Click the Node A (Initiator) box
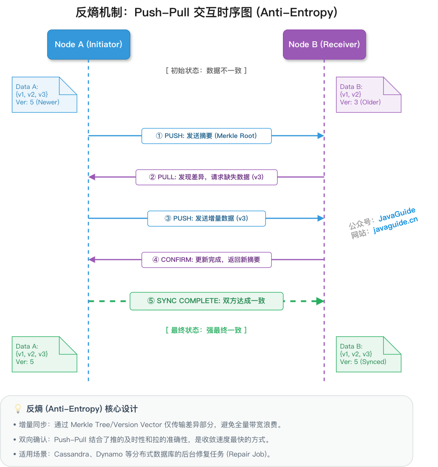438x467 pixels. click(88, 44)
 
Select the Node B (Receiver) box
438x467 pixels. click(324, 44)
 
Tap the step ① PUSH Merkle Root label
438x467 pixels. click(206, 136)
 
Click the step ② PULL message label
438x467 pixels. click(206, 177)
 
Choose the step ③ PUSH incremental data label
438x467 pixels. click(206, 218)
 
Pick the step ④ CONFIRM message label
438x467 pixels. click(206, 260)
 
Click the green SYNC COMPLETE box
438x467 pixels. click(206, 301)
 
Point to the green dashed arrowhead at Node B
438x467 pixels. click(320, 301)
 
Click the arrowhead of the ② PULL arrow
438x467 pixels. click(92, 177)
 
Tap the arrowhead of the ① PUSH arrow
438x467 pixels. click(321, 136)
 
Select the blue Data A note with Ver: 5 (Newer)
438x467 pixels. click(44, 94)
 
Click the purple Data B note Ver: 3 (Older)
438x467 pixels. click(368, 94)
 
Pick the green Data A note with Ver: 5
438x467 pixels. click(44, 354)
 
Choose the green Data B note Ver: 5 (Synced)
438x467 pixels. click(368, 354)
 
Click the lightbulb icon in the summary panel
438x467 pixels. click(18, 409)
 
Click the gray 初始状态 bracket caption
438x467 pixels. click(206, 70)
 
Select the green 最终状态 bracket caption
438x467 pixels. click(206, 330)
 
